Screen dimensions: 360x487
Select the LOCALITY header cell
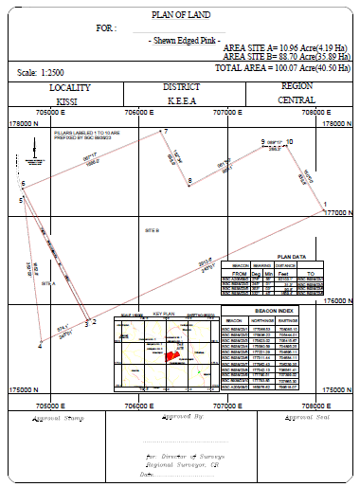tap(69, 86)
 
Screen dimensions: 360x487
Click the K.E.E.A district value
tap(181, 99)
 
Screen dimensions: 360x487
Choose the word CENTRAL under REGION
tap(297, 99)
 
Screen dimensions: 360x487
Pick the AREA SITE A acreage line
tap(284, 46)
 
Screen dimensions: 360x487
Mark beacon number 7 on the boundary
tap(165, 132)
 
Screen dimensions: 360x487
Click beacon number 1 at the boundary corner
tap(325, 204)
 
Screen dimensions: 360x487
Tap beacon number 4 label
tap(40, 347)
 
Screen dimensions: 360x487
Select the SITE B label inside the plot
tap(151, 230)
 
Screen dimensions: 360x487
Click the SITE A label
tap(48, 283)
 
